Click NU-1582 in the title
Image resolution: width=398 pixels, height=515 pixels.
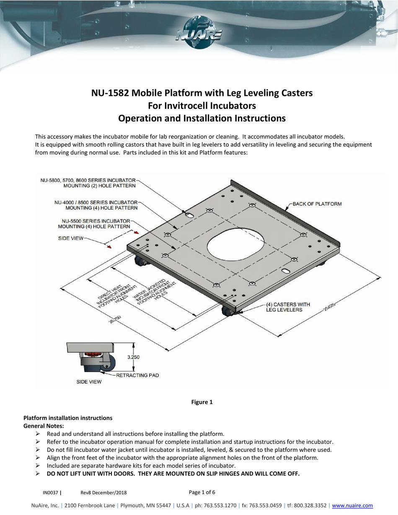[x=110, y=93]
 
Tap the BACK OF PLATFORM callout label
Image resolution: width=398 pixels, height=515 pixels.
[x=317, y=204]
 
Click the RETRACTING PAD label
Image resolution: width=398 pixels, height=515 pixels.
[x=138, y=375]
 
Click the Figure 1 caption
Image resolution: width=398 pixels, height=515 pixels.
[x=202, y=402]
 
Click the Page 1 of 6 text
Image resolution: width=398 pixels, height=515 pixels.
[x=202, y=492]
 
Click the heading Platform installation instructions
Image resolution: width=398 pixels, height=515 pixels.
[x=68, y=418]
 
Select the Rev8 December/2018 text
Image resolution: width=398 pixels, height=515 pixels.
[x=103, y=493]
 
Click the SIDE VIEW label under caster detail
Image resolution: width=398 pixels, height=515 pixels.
[x=88, y=382]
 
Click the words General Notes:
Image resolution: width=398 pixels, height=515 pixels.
[x=44, y=426]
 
